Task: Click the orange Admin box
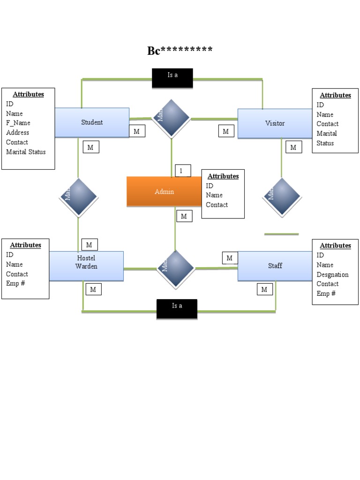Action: click(164, 191)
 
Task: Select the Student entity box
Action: click(92, 123)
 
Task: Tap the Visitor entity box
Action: click(275, 123)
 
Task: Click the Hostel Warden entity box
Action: click(86, 266)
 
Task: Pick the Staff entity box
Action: click(275, 266)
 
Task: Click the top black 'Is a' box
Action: click(172, 78)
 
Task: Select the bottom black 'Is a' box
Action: click(177, 308)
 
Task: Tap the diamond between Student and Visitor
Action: click(172, 118)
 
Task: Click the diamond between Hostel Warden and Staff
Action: click(175, 269)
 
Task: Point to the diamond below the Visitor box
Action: click(282, 196)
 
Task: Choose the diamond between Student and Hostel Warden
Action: click(78, 196)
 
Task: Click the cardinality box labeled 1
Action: click(183, 171)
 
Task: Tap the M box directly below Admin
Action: click(184, 216)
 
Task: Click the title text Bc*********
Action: click(180, 51)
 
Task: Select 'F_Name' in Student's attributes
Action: click(18, 123)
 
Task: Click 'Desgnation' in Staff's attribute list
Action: click(332, 274)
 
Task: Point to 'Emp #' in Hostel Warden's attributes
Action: click(15, 284)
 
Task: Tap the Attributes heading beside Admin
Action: click(223, 176)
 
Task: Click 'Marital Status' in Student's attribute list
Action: click(26, 152)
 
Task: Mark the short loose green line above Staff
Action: click(281, 233)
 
